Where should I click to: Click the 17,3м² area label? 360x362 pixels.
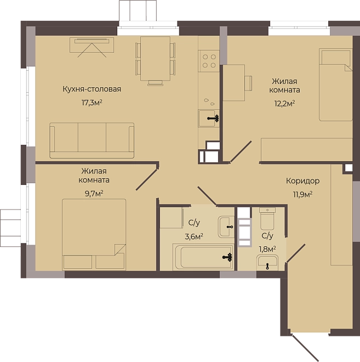[92, 103]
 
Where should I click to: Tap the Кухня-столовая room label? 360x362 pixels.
[92, 89]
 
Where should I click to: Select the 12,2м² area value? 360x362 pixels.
[284, 104]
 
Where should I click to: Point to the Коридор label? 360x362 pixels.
[303, 181]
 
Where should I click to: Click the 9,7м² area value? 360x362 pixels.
[94, 194]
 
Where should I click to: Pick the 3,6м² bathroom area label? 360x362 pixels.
[194, 236]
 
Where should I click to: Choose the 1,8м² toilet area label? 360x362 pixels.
[267, 249]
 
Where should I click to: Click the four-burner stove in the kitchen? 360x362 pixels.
[209, 61]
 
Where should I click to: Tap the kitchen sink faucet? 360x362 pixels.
[213, 118]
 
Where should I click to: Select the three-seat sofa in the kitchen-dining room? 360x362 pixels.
[92, 140]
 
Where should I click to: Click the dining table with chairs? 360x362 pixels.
[155, 60]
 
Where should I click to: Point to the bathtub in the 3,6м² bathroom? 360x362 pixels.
[203, 257]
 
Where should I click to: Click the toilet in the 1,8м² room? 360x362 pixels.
[267, 219]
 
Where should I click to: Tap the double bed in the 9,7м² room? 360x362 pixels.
[94, 235]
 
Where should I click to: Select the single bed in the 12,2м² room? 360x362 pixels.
[336, 84]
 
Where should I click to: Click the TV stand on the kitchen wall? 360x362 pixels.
[92, 45]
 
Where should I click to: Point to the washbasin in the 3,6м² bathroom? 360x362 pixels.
[226, 227]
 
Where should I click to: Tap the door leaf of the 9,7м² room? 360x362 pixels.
[147, 179]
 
